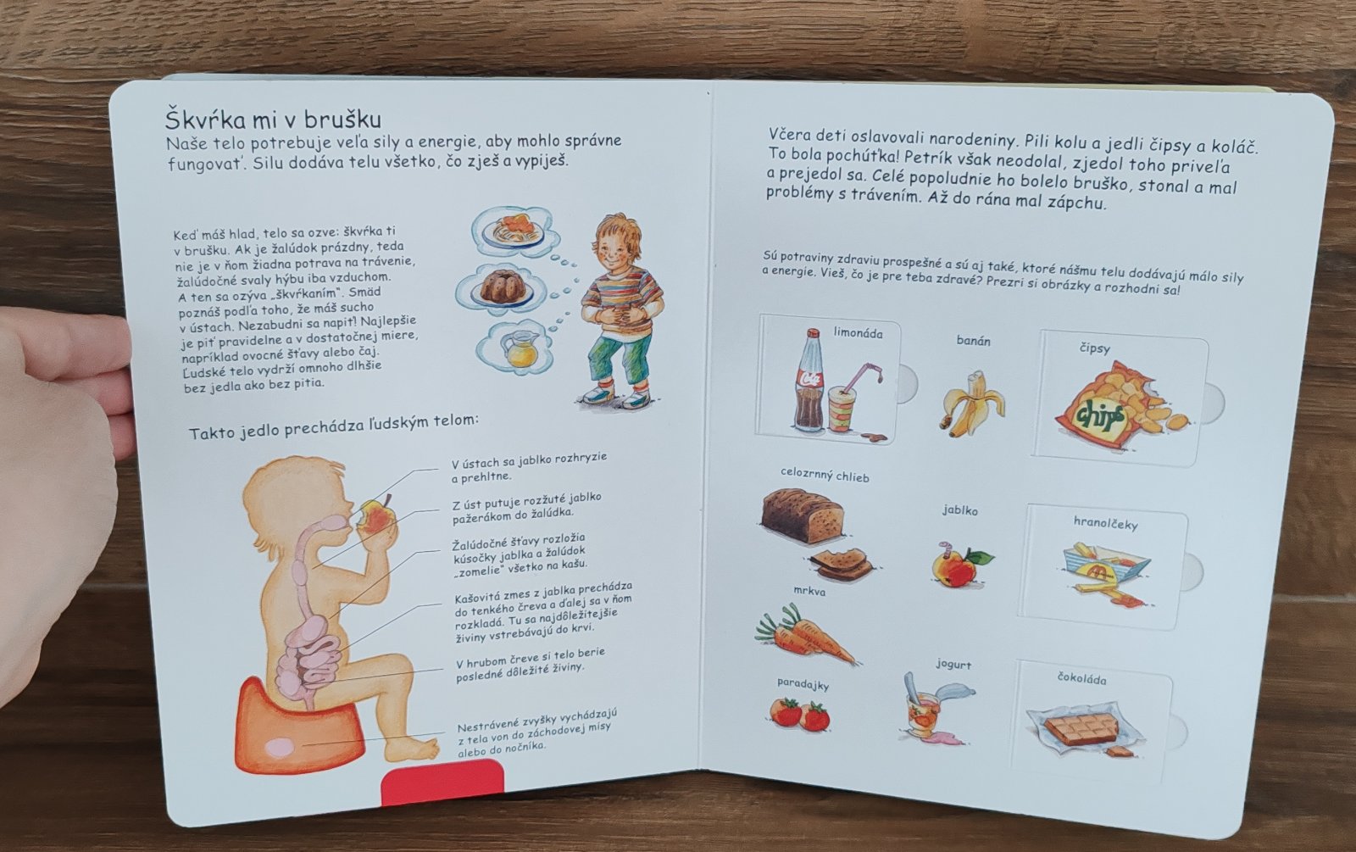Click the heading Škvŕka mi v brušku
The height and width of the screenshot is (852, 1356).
coord(273,119)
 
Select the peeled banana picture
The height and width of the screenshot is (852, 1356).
coord(971,404)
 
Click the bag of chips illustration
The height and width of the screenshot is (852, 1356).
coord(1120,406)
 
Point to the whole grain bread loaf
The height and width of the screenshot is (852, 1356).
coord(802,515)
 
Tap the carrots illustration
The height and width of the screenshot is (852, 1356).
coord(804,635)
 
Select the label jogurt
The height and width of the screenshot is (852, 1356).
coord(953,665)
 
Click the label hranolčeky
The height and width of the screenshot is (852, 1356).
coord(1105,523)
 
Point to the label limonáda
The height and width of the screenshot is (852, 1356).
coord(858,332)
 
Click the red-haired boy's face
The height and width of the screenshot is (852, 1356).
coord(615,249)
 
